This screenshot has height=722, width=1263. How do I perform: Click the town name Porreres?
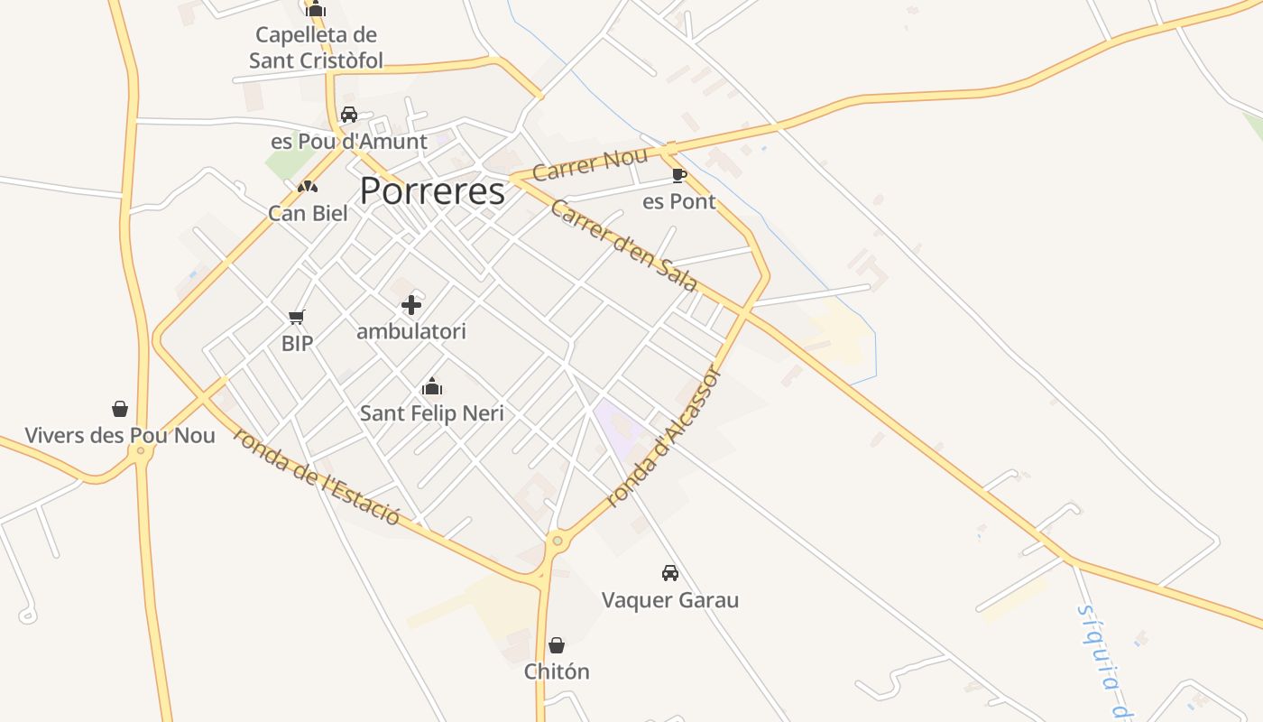click(432, 191)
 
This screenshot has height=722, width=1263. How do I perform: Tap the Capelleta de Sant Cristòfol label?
click(316, 48)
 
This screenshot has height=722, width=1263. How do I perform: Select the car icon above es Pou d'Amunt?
click(349, 115)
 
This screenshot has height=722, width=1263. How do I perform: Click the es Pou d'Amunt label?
click(349, 142)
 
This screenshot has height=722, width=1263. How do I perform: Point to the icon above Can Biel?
click(308, 187)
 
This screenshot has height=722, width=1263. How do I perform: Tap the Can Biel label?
click(308, 214)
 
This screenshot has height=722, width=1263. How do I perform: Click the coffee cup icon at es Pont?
click(679, 175)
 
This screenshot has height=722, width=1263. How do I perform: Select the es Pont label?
click(679, 202)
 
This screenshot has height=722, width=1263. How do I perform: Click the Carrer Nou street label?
click(590, 164)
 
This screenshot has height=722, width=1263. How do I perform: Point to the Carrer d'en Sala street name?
click(623, 245)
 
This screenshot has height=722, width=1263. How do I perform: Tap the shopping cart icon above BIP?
click(297, 317)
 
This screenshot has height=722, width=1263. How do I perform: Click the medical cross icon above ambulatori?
click(411, 305)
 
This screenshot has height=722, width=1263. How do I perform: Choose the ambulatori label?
click(411, 332)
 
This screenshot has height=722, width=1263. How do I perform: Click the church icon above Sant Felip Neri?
click(432, 387)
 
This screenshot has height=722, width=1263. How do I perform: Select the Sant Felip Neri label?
click(432, 414)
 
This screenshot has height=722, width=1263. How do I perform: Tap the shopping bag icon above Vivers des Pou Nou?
click(120, 409)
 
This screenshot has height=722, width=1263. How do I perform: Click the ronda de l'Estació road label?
click(316, 476)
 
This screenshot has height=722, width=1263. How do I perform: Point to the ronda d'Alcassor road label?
click(665, 437)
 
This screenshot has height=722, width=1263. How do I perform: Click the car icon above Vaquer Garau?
click(670, 573)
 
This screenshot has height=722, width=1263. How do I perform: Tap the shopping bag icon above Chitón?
click(557, 645)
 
